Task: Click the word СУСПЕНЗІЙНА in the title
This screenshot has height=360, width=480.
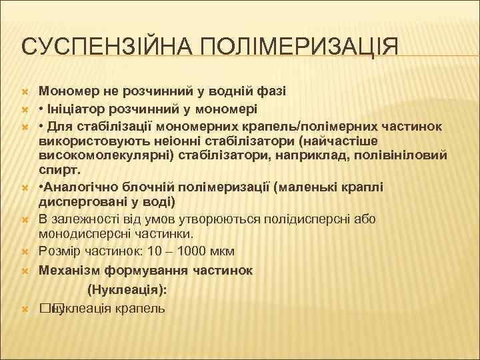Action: click(x=99, y=47)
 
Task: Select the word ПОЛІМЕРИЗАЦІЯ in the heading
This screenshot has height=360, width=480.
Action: click(x=291, y=47)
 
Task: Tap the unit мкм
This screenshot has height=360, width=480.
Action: click(x=221, y=251)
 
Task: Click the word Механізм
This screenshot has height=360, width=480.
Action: click(x=73, y=270)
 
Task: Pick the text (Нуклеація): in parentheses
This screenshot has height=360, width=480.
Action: click(x=127, y=289)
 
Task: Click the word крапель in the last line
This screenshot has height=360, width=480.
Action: click(x=143, y=309)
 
